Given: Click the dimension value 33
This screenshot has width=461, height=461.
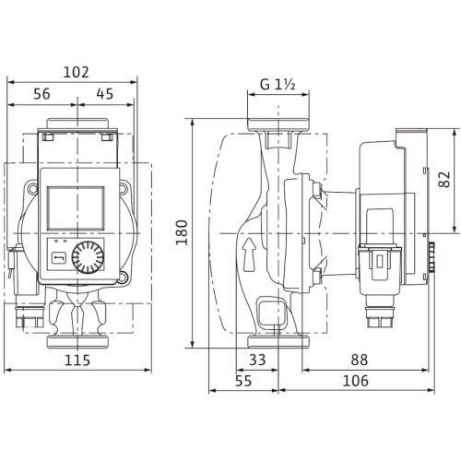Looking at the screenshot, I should (x=258, y=358).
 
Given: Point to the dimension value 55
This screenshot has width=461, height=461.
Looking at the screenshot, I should (x=242, y=380).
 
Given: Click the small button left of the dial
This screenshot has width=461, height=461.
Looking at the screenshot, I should (x=57, y=258).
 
